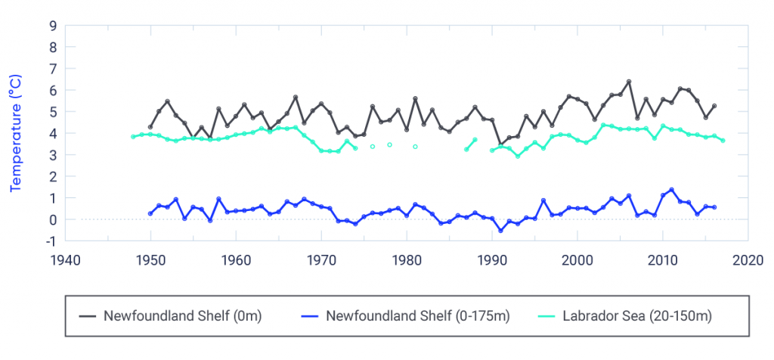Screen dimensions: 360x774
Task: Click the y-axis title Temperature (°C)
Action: [x=14, y=133]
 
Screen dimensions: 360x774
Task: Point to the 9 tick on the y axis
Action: [x=52, y=25]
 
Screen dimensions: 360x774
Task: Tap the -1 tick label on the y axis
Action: [x=50, y=241]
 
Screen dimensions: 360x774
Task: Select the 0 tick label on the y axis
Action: [x=52, y=220]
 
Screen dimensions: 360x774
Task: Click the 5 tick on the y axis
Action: [x=52, y=112]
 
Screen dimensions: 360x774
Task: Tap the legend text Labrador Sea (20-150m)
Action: [x=637, y=316]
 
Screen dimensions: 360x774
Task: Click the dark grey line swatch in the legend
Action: [x=88, y=316]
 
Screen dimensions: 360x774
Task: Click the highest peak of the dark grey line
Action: [x=629, y=82]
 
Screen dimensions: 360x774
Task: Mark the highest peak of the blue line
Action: [x=671, y=190]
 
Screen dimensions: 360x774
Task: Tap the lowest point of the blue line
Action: [x=500, y=231]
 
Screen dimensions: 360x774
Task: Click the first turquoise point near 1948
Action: [x=133, y=137]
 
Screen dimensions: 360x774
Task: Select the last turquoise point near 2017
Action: [x=723, y=141]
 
